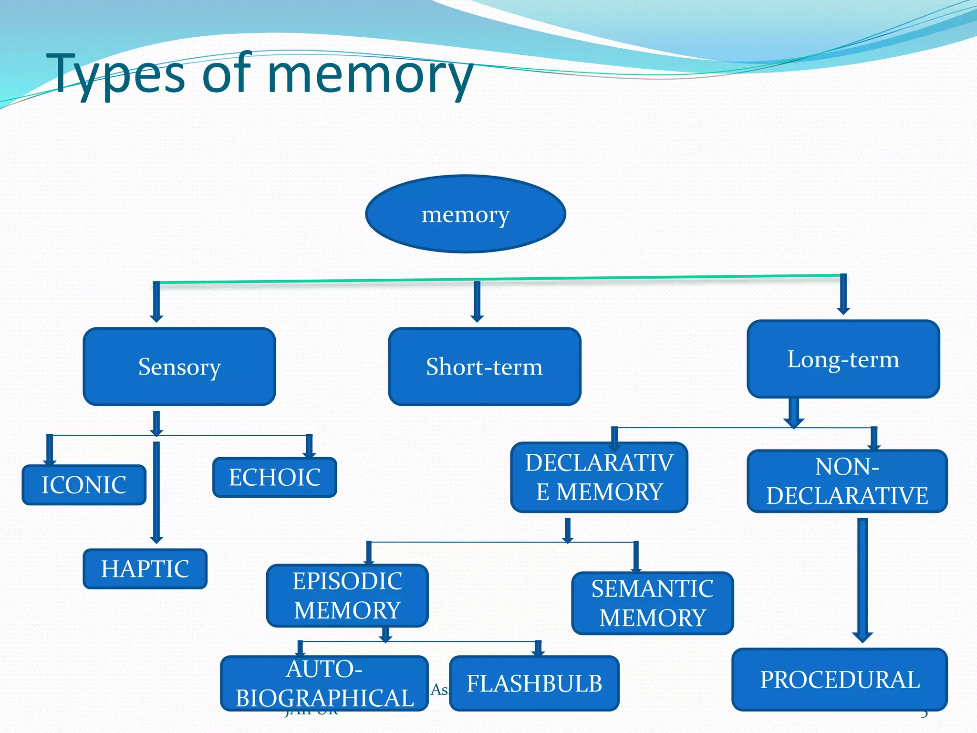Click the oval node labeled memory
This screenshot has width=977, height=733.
click(x=465, y=214)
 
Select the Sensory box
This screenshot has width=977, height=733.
click(x=179, y=366)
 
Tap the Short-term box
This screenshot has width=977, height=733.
click(x=484, y=366)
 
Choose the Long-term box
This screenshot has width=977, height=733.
click(x=843, y=359)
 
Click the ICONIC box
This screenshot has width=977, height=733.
click(x=84, y=485)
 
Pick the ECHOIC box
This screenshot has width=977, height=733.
click(x=274, y=477)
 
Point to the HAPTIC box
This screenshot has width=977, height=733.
click(x=145, y=569)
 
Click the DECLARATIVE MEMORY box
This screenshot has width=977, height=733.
click(x=599, y=477)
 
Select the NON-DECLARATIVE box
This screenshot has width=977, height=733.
click(x=847, y=481)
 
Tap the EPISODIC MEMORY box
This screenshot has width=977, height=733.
click(x=347, y=596)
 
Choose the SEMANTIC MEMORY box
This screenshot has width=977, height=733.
click(x=652, y=603)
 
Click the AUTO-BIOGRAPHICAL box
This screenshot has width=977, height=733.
click(x=324, y=683)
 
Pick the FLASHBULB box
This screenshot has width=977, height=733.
click(x=534, y=683)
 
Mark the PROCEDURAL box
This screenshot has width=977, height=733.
click(x=839, y=680)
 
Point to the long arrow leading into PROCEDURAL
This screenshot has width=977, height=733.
click(x=862, y=580)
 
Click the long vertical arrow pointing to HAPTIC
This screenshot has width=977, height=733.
click(x=156, y=492)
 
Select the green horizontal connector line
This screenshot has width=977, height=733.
click(x=496, y=279)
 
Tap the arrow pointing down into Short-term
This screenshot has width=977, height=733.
click(x=477, y=302)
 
